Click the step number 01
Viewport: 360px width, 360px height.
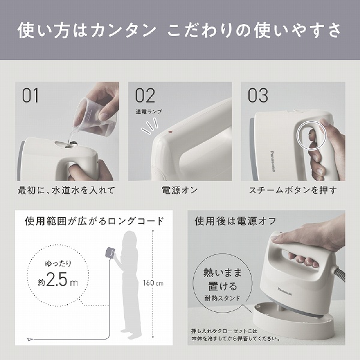(x=31, y=95)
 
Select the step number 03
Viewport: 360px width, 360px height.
(x=259, y=95)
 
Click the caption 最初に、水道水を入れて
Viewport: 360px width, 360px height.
(x=67, y=191)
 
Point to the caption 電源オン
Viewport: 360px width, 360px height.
(x=179, y=191)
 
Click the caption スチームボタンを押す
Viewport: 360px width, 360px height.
(x=293, y=191)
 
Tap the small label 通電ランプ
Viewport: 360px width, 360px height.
(x=148, y=112)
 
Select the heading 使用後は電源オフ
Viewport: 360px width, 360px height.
(x=235, y=221)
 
